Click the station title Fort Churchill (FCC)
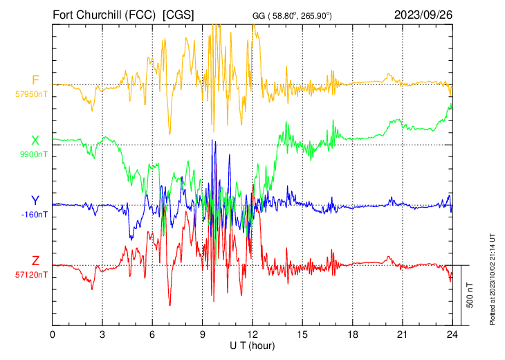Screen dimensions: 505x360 coord(104,15)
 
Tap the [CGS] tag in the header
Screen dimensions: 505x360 coord(178,15)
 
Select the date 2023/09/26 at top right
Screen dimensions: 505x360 coord(423,15)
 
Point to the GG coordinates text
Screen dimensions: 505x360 coord(292,15)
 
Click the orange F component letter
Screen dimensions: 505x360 coord(35,80)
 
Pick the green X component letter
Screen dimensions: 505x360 coord(35,141)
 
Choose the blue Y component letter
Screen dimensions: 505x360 coord(35,201)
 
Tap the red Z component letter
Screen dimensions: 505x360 coord(35,260)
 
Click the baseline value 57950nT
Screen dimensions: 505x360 coord(31,94)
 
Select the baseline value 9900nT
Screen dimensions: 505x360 coord(33,154)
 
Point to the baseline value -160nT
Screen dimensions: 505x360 coord(35,215)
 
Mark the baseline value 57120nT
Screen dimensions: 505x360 coord(31,275)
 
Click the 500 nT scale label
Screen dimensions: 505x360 coord(470,295)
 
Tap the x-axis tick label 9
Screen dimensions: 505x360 coord(202,334)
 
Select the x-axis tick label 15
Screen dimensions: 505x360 coord(302,334)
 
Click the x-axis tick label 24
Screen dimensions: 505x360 coord(452,334)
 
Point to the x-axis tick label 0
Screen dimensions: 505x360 coord(52,334)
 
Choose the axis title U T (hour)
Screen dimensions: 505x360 coord(252,346)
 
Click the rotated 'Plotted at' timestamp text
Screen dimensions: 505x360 coord(492,279)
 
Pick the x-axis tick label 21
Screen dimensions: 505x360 coord(402,334)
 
